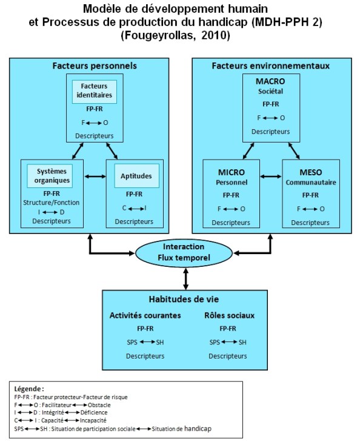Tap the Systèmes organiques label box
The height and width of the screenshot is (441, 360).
(52, 176)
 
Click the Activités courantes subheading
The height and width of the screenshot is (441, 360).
(145, 315)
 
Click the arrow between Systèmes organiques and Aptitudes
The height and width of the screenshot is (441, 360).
(94, 177)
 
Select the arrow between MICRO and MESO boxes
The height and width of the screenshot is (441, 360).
(271, 177)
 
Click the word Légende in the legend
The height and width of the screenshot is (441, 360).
(28, 388)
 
